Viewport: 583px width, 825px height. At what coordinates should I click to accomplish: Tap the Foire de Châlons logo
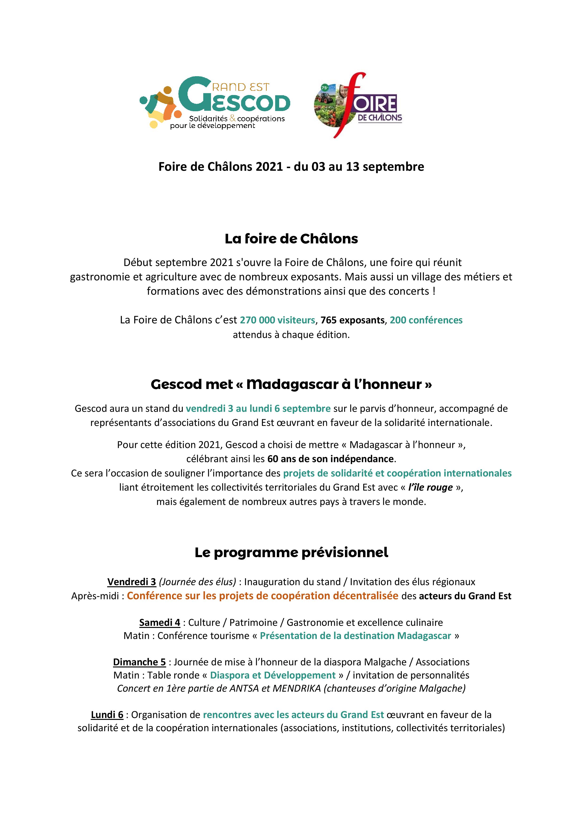tap(358, 105)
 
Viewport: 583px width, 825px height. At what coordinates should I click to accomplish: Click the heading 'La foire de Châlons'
tap(291, 239)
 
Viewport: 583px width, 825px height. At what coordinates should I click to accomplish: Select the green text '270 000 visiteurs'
tap(277, 320)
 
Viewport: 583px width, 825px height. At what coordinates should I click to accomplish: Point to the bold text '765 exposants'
tap(352, 320)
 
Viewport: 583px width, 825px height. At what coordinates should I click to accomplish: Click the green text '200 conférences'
tap(426, 320)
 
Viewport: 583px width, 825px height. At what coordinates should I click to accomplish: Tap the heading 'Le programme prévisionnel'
tap(291, 552)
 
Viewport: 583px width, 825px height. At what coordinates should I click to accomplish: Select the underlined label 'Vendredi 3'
tap(131, 582)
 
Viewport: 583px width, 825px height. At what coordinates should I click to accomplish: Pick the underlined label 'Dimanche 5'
tap(139, 662)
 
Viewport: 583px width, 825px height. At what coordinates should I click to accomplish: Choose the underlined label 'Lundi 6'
tap(107, 715)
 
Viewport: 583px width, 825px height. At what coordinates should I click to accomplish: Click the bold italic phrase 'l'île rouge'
tap(430, 487)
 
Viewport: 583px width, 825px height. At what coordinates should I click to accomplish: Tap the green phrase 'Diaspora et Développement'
tap(273, 675)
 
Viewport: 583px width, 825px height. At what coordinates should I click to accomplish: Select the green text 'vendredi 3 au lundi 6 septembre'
tap(258, 409)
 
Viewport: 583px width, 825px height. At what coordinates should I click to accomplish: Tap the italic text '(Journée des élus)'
tap(197, 582)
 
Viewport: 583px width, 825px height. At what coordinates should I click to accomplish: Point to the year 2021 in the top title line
tap(269, 167)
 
